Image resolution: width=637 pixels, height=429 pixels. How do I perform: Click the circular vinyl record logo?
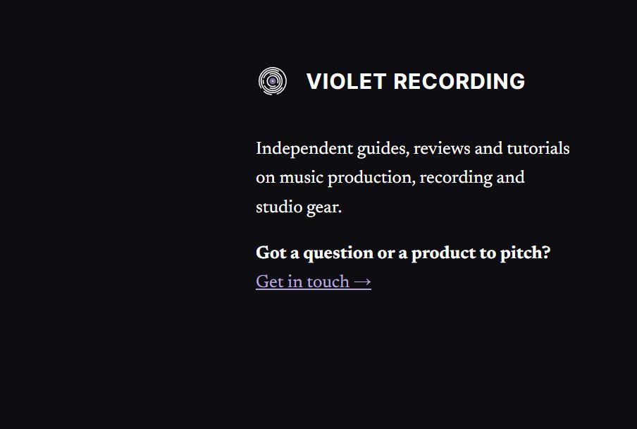pyautogui.click(x=273, y=81)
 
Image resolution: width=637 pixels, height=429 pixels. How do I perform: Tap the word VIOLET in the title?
pyautogui.click(x=346, y=81)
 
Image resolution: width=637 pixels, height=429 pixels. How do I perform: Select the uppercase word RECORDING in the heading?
pyautogui.click(x=459, y=81)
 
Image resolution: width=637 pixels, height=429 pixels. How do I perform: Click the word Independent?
pyautogui.click(x=304, y=149)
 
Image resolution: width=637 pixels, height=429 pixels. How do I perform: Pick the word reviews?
pyautogui.click(x=442, y=149)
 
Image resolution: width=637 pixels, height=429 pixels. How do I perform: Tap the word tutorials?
pyautogui.click(x=538, y=148)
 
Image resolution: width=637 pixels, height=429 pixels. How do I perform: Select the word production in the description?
pyautogui.click(x=371, y=178)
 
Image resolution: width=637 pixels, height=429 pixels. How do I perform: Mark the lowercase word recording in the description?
pyautogui.click(x=456, y=178)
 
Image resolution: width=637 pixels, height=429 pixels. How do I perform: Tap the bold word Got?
pyautogui.click(x=271, y=253)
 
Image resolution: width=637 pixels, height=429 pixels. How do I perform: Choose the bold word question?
pyautogui.click(x=338, y=253)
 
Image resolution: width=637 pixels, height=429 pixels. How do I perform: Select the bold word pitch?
pyautogui.click(x=525, y=253)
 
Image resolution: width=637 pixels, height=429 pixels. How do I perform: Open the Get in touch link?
pyautogui.click(x=314, y=282)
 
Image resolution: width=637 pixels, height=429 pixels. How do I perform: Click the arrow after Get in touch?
pyautogui.click(x=362, y=282)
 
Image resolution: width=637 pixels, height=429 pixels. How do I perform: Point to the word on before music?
pyautogui.click(x=266, y=179)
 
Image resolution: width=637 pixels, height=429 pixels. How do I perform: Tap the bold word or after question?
pyautogui.click(x=386, y=254)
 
